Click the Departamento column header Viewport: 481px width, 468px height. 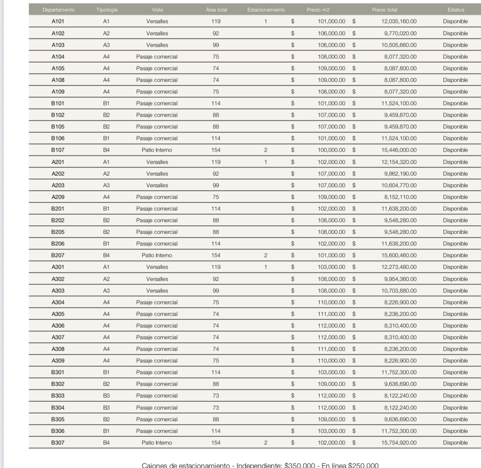pyautogui.click(x=58, y=10)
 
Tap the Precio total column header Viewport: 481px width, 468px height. pyautogui.click(x=384, y=10)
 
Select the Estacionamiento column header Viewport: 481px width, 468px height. pyautogui.click(x=266, y=10)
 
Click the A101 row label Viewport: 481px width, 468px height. pyautogui.click(x=58, y=21)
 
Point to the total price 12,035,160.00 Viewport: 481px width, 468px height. pyautogui.click(x=399, y=21)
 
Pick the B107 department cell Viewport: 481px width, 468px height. pyautogui.click(x=58, y=150)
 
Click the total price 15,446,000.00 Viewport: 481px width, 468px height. pyautogui.click(x=399, y=150)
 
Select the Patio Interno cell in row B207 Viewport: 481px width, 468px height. pyautogui.click(x=157, y=255)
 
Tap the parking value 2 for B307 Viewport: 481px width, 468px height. pyautogui.click(x=266, y=443)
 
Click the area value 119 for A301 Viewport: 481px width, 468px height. pyautogui.click(x=216, y=267)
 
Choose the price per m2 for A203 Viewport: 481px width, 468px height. pyautogui.click(x=331, y=185)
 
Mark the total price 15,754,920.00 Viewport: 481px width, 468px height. pyautogui.click(x=399, y=443)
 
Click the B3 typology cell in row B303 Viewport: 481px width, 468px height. pyautogui.click(x=106, y=396)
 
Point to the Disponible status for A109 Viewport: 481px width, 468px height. pyautogui.click(x=455, y=92)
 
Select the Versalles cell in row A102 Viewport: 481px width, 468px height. pyautogui.click(x=157, y=33)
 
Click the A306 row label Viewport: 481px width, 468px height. pyautogui.click(x=58, y=326)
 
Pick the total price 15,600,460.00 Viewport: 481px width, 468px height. pyautogui.click(x=399, y=255)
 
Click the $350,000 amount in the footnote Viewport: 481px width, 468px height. pyautogui.click(x=299, y=465)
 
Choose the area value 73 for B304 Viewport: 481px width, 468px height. pyautogui.click(x=216, y=408)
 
